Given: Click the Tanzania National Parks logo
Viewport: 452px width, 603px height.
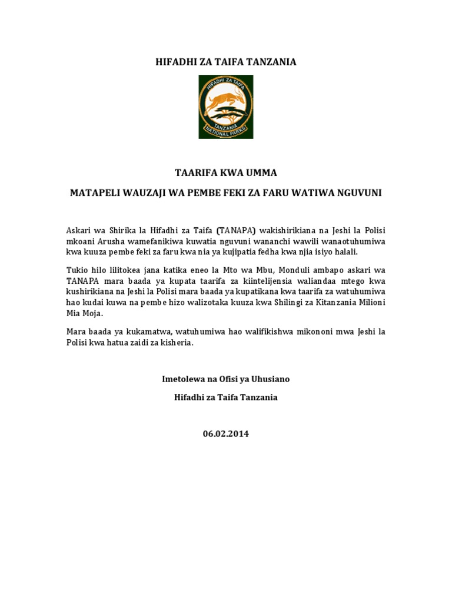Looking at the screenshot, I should [225, 107].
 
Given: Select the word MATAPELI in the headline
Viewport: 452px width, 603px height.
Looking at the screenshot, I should [95, 193].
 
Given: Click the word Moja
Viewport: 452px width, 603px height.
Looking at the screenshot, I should [93, 312].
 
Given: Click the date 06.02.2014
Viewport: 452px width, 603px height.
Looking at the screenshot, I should [226, 434].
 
